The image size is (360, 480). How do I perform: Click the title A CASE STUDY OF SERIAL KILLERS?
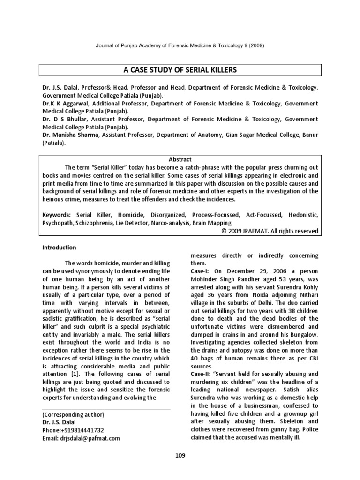coord(180,70)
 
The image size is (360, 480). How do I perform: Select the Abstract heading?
coord(180,159)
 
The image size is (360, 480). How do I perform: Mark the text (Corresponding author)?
coord(73,414)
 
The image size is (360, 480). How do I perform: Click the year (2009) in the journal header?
coord(261,45)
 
